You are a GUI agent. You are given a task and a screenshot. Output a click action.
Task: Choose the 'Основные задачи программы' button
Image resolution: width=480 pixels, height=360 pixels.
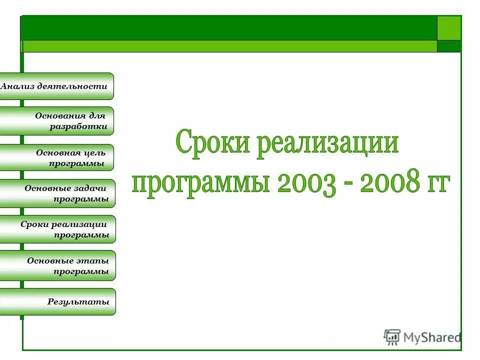click(57, 193)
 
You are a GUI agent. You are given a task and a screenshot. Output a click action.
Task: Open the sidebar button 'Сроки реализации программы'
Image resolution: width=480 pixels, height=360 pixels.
click(57, 229)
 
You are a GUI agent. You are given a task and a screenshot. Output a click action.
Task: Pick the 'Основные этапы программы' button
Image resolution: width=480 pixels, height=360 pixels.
click(57, 265)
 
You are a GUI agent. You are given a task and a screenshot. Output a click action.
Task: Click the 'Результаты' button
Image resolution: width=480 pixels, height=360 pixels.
click(57, 301)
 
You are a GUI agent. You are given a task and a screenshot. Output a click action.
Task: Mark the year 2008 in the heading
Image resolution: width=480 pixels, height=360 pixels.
click(389, 183)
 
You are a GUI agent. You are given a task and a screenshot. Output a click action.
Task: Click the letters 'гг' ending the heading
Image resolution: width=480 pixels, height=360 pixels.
click(437, 183)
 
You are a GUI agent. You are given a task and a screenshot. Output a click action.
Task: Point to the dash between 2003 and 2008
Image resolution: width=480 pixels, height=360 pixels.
click(348, 185)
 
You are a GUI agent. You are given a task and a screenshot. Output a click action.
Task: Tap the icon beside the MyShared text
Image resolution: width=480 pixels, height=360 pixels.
click(392, 337)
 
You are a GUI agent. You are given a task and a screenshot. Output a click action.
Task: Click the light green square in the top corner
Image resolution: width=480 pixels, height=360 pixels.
click(449, 28)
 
